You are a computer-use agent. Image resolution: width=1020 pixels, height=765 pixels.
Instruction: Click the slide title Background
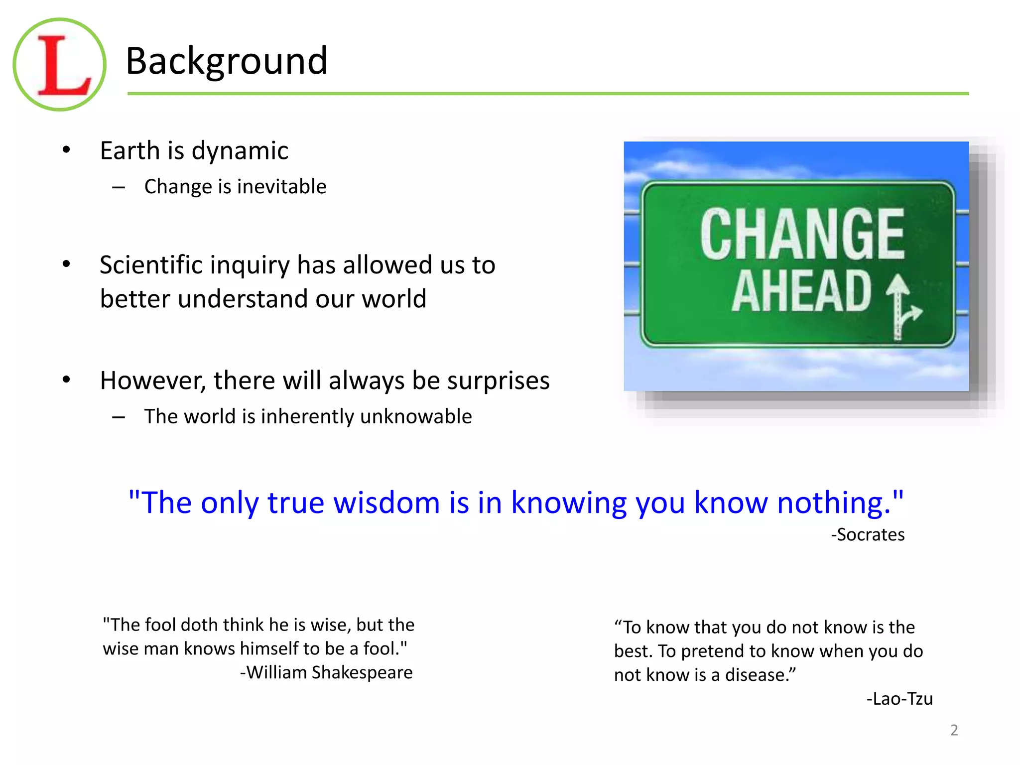[227, 61]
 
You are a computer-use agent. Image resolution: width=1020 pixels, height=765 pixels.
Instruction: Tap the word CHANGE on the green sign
[802, 234]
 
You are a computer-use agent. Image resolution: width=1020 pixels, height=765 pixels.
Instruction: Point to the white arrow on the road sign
[900, 306]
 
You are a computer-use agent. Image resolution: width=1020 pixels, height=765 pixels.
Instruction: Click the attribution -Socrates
[868, 534]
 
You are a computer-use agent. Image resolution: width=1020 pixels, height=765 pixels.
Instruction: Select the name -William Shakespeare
[326, 672]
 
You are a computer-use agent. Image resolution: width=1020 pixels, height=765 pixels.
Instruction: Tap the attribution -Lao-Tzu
[899, 699]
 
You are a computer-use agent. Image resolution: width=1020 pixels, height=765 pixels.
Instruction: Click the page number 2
[954, 730]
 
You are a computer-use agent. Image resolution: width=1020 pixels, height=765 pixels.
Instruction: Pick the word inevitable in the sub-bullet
[281, 187]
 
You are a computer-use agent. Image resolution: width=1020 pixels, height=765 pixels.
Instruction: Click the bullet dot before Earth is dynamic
[67, 150]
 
